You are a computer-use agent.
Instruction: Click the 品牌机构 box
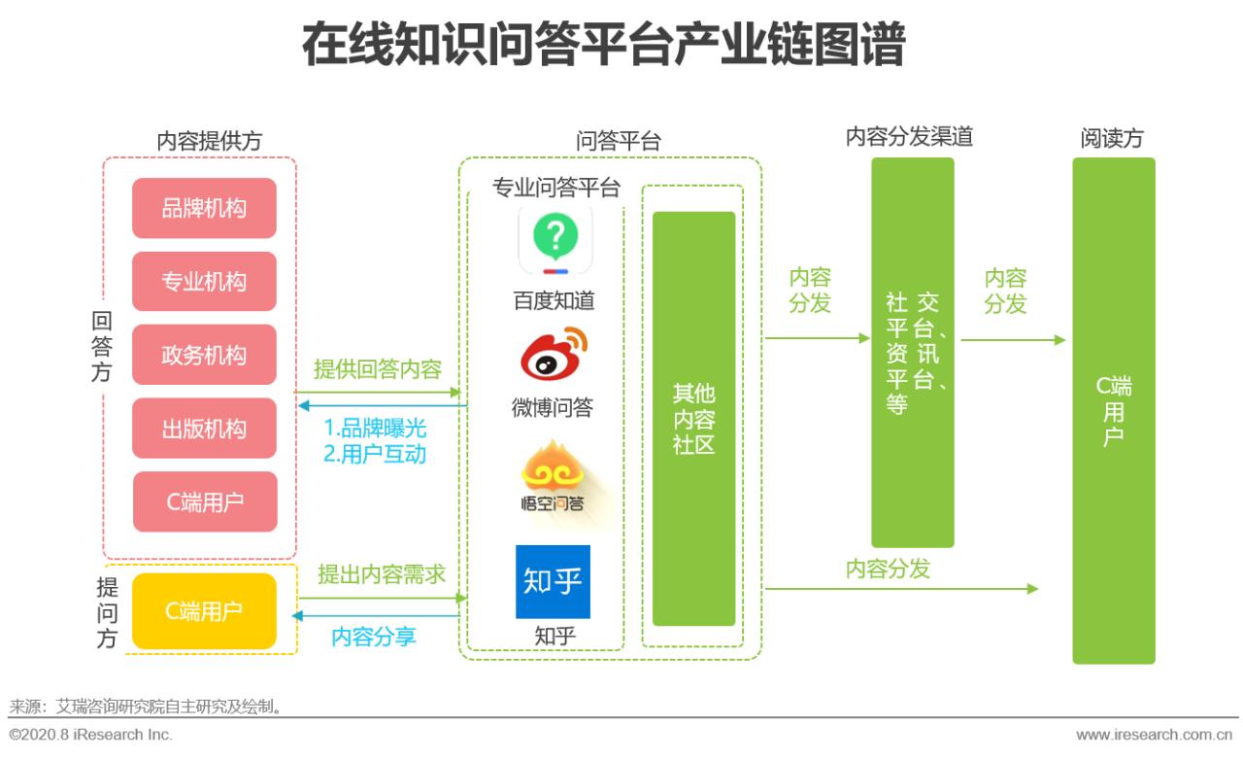[x=204, y=208]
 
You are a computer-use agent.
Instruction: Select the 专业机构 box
[x=204, y=282]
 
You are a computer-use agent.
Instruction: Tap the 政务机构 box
[x=204, y=355]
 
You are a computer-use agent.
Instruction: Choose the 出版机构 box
[x=204, y=429]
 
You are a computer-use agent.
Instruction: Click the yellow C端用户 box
[x=204, y=611]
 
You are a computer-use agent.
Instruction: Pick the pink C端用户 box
[x=204, y=502]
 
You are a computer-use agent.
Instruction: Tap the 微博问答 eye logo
[x=554, y=356]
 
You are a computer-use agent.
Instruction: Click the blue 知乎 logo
[x=553, y=581]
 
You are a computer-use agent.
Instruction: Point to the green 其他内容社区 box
[x=693, y=418]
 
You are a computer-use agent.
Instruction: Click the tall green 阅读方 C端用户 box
[x=1113, y=410]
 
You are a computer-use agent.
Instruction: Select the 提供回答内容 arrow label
[x=378, y=369]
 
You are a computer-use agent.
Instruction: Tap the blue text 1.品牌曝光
[x=375, y=429]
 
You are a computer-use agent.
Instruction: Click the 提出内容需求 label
[x=382, y=574]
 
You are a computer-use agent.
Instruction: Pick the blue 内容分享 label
[x=374, y=637]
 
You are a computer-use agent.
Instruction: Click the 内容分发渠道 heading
[x=909, y=137]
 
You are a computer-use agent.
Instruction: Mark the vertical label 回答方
[x=102, y=347]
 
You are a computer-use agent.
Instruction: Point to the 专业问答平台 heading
[x=555, y=188]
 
